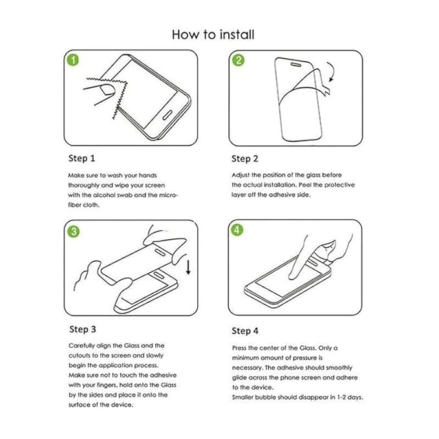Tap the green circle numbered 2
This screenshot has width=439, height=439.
click(x=238, y=60)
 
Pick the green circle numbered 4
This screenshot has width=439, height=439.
click(x=238, y=230)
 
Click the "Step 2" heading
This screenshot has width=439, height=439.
click(x=245, y=158)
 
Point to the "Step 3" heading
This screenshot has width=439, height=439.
click(x=82, y=330)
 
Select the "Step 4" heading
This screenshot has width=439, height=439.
click(x=245, y=330)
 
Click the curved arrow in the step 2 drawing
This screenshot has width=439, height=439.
click(x=333, y=72)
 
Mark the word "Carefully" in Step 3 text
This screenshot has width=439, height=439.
click(x=83, y=346)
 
